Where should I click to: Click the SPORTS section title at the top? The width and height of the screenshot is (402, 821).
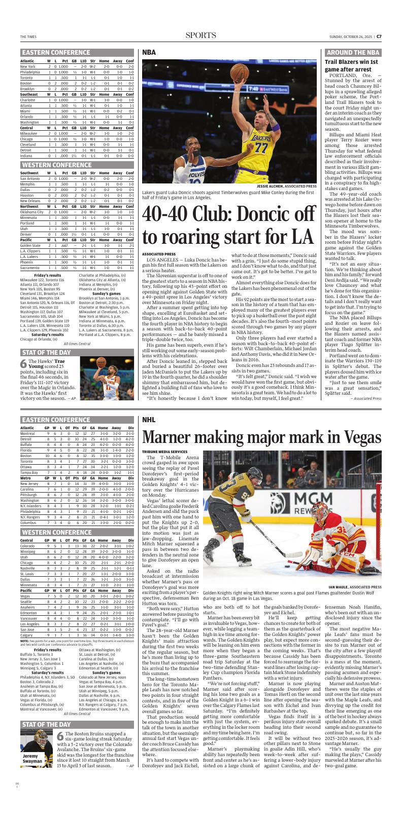tap(200, 35)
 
